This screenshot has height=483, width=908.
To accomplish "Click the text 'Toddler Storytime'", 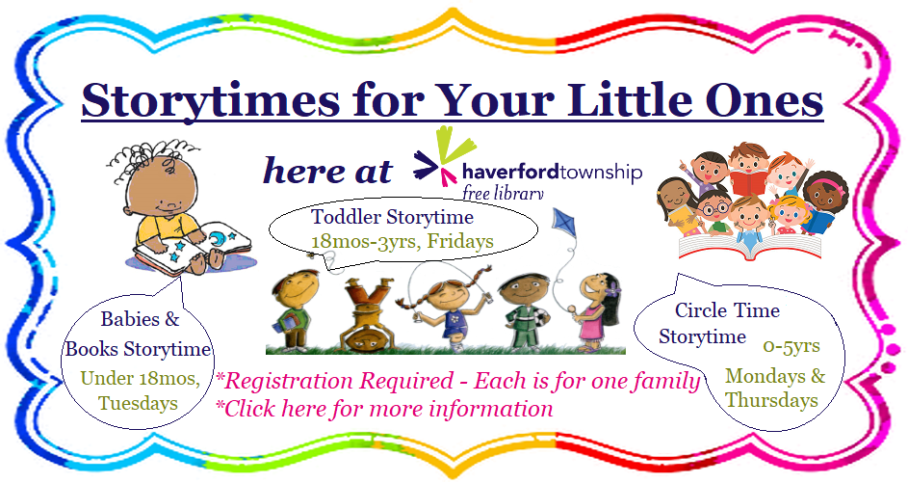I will pos(377,215).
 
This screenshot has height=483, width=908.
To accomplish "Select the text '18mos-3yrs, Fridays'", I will pos(402,241).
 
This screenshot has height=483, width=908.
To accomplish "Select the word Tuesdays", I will pos(142,403).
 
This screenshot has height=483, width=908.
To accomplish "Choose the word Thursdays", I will pos(771,400).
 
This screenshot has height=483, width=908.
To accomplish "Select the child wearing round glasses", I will pos(713,207).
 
